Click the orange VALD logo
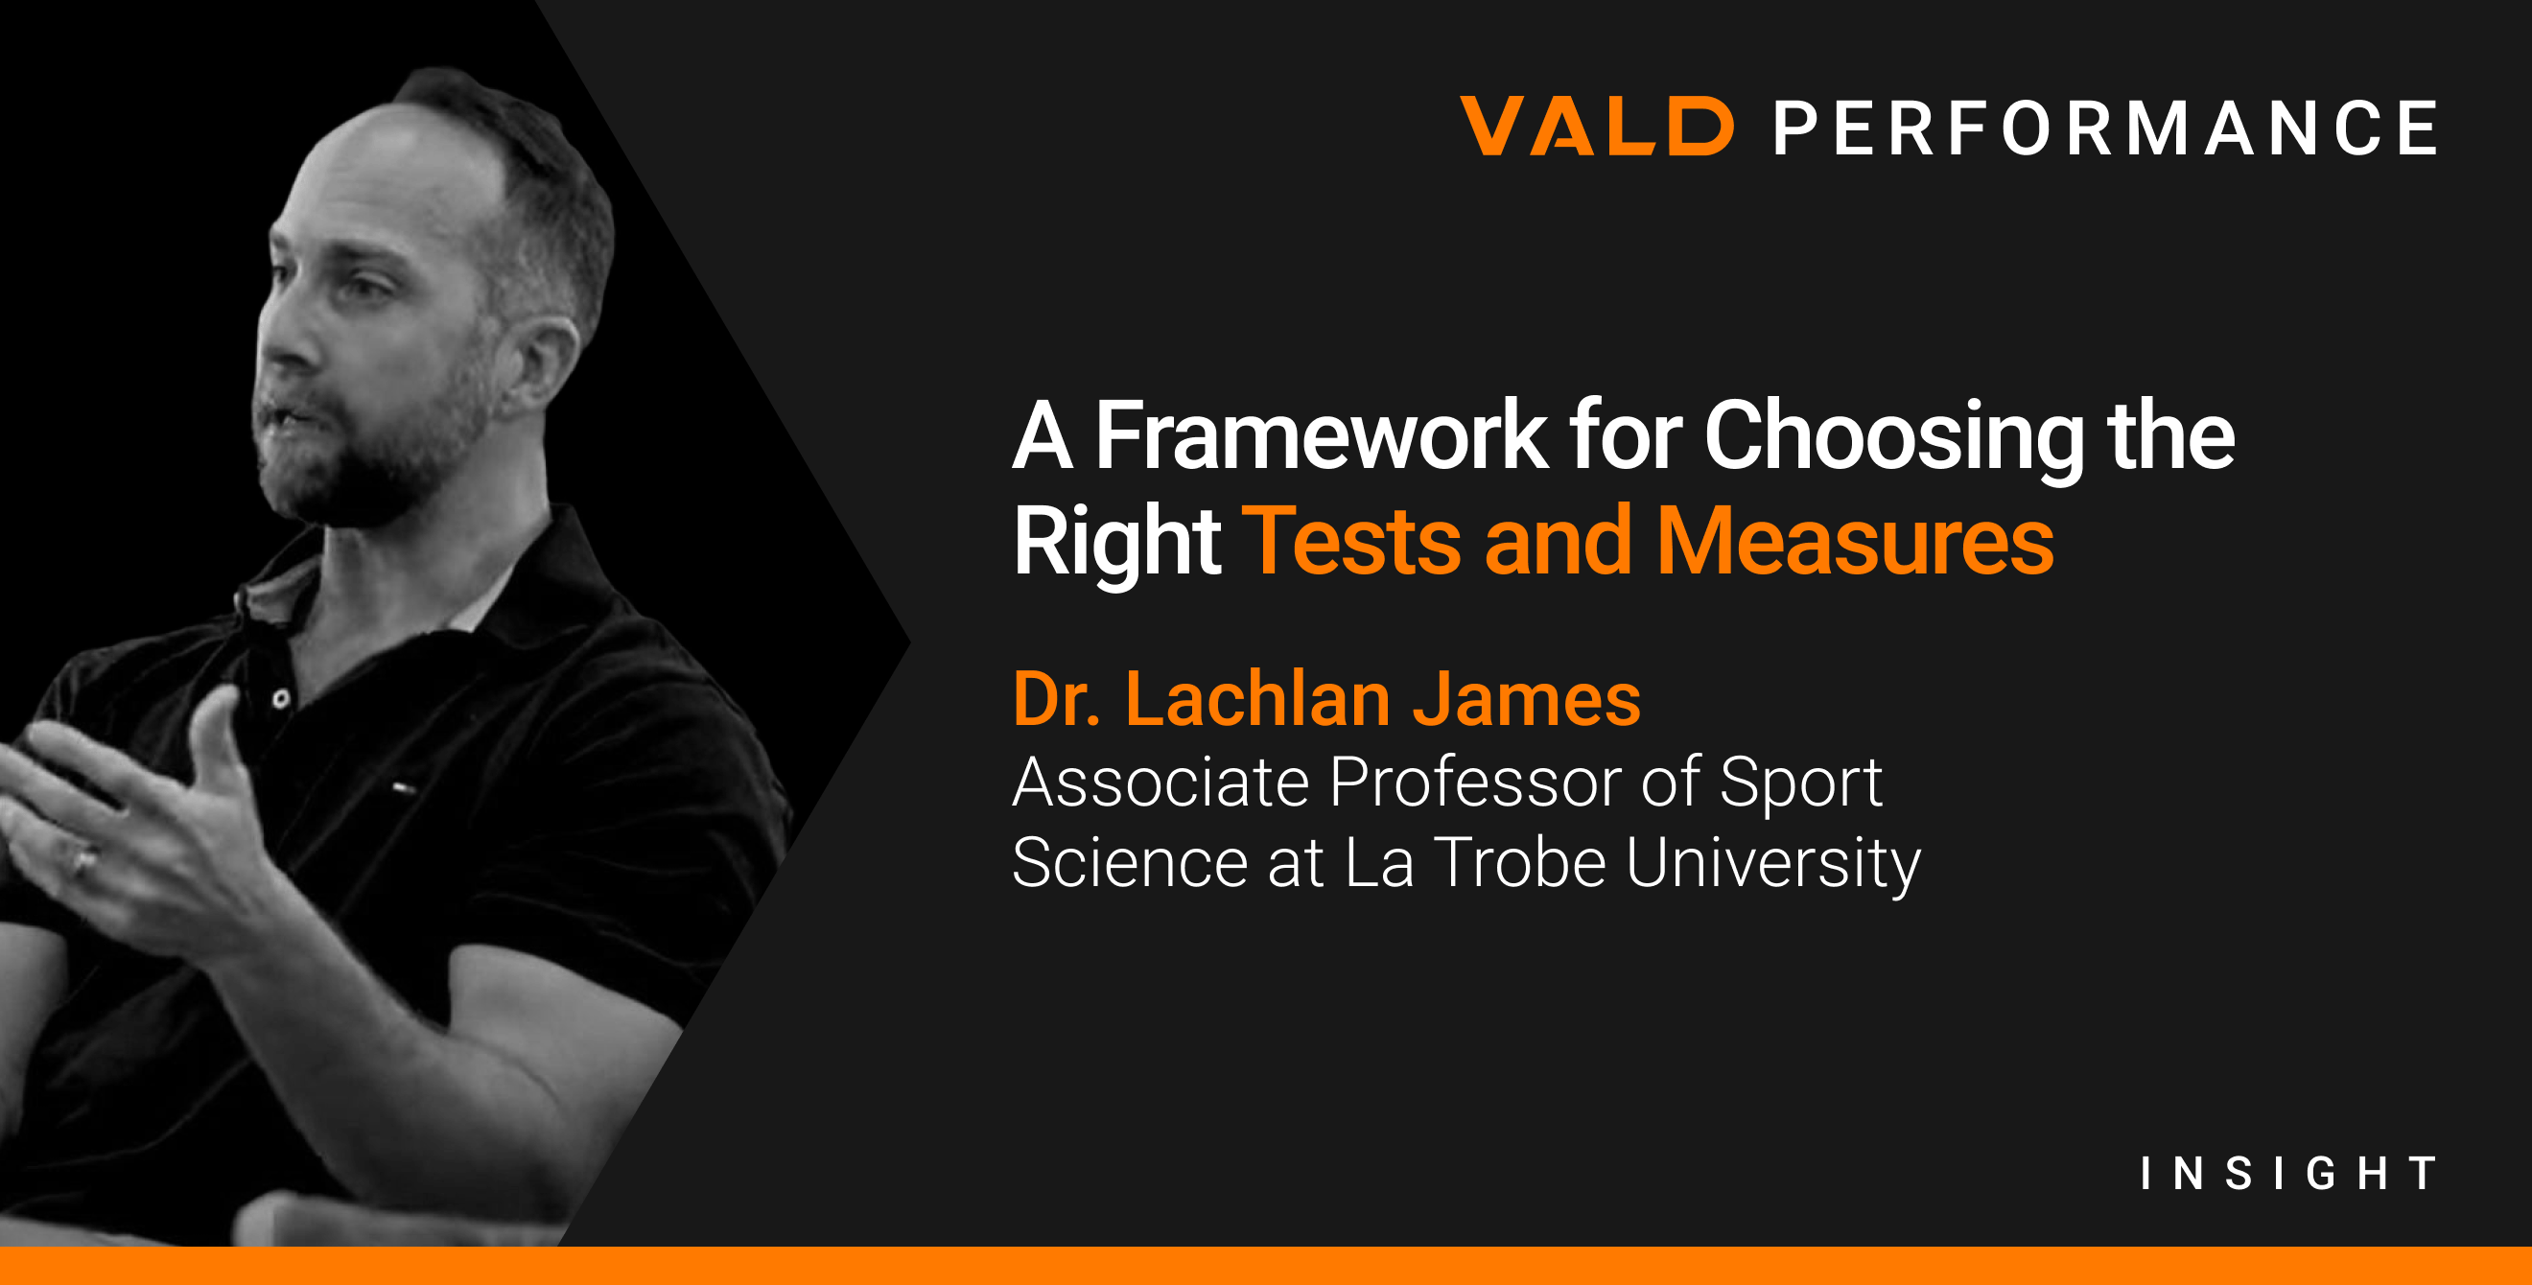1596,127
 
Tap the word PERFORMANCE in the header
2104,128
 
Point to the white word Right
1115,543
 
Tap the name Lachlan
1257,699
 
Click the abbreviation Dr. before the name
1057,699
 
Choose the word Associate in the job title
1160,783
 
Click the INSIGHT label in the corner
2288,1173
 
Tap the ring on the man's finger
83,861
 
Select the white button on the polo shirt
281,699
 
